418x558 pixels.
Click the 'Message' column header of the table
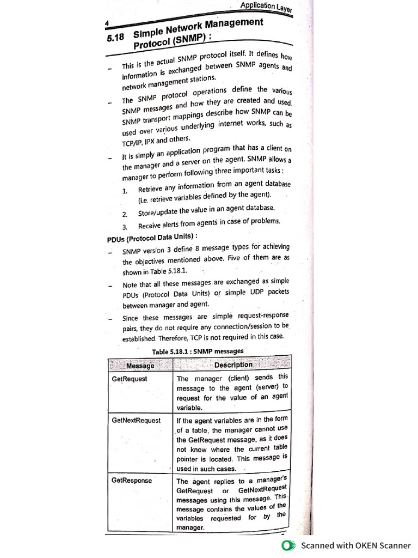click(140, 366)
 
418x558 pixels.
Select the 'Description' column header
click(233, 365)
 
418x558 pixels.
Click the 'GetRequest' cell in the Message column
click(129, 379)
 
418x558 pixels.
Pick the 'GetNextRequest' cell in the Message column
click(136, 421)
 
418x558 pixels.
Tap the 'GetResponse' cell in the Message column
click(132, 481)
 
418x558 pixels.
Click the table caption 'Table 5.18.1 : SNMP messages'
click(198, 351)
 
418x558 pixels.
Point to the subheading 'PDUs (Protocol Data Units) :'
click(152, 238)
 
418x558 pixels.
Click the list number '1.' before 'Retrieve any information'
click(125, 191)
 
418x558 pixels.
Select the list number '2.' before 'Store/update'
click(125, 214)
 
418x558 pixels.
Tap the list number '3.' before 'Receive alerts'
click(125, 227)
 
